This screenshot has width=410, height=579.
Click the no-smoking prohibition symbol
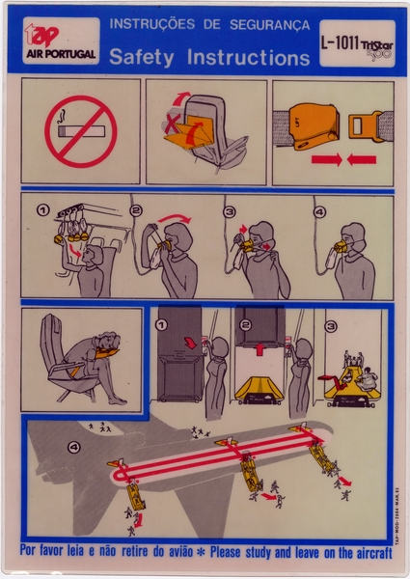[80, 131]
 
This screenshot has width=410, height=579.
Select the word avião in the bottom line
[191, 551]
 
